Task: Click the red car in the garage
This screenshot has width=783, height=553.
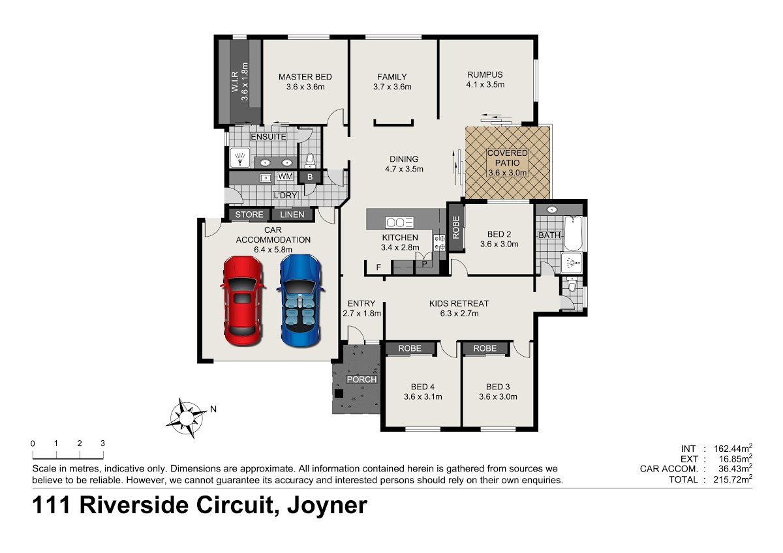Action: pyautogui.click(x=243, y=301)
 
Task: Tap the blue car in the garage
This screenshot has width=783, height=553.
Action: pyautogui.click(x=301, y=301)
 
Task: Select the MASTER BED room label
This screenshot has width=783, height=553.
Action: pyautogui.click(x=305, y=77)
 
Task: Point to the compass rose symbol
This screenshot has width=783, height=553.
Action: pyautogui.click(x=187, y=417)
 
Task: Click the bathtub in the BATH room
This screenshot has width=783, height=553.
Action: pyautogui.click(x=573, y=233)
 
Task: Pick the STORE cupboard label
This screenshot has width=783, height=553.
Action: pyautogui.click(x=249, y=215)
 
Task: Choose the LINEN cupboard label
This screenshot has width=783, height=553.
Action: pyautogui.click(x=292, y=215)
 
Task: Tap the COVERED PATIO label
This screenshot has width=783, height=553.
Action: pyautogui.click(x=507, y=158)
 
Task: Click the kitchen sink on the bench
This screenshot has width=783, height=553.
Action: pyautogui.click(x=399, y=222)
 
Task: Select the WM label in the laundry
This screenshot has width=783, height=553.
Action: pyautogui.click(x=285, y=177)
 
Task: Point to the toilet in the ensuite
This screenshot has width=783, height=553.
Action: pyautogui.click(x=310, y=160)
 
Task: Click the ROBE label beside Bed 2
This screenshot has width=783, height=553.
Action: pyautogui.click(x=456, y=228)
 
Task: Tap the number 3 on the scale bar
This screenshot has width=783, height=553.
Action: pyautogui.click(x=102, y=443)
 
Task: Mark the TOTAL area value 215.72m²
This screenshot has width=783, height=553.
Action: pyautogui.click(x=733, y=479)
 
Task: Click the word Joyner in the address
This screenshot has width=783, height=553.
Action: pyautogui.click(x=327, y=505)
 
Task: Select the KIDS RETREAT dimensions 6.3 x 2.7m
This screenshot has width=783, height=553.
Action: pyautogui.click(x=459, y=314)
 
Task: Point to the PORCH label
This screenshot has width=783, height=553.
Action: pyautogui.click(x=361, y=380)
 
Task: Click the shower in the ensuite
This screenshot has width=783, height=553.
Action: pyautogui.click(x=240, y=158)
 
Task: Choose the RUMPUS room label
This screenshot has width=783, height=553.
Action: pyautogui.click(x=485, y=74)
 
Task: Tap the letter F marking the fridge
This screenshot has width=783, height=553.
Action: pyautogui.click(x=378, y=268)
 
